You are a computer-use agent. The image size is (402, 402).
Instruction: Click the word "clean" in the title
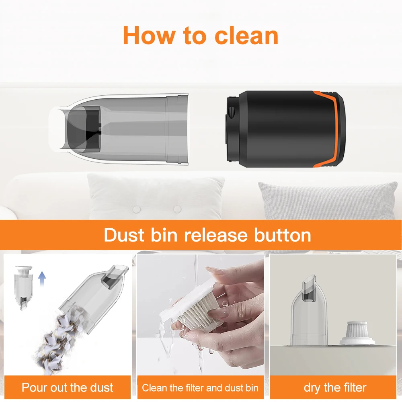tap(246, 35)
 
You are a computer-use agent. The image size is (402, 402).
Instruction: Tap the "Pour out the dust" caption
tap(67, 388)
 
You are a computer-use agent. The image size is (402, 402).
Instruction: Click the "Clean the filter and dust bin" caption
tap(200, 388)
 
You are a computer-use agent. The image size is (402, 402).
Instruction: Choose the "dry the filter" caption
tap(335, 388)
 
